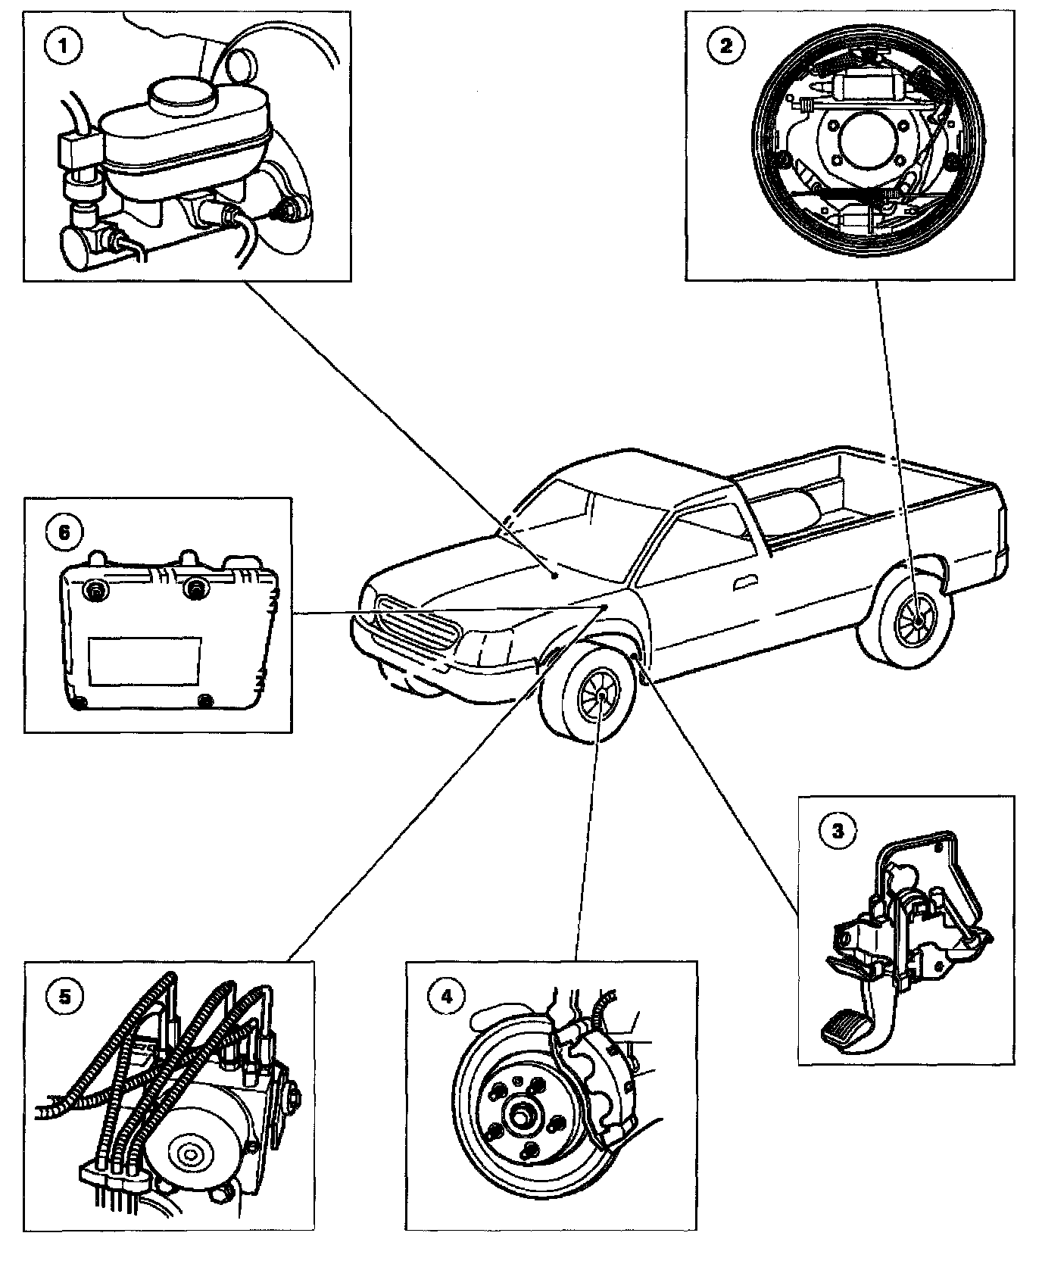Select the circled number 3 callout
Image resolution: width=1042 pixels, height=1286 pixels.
pyautogui.click(x=837, y=831)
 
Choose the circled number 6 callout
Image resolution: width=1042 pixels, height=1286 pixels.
pyautogui.click(x=64, y=532)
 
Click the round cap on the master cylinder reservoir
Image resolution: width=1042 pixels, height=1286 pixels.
pyautogui.click(x=183, y=94)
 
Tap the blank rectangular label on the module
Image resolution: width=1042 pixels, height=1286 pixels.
pyautogui.click(x=144, y=660)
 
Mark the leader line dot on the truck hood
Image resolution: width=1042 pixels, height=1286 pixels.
pyautogui.click(x=555, y=576)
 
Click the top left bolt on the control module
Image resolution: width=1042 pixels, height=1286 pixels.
pyautogui.click(x=96, y=590)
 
